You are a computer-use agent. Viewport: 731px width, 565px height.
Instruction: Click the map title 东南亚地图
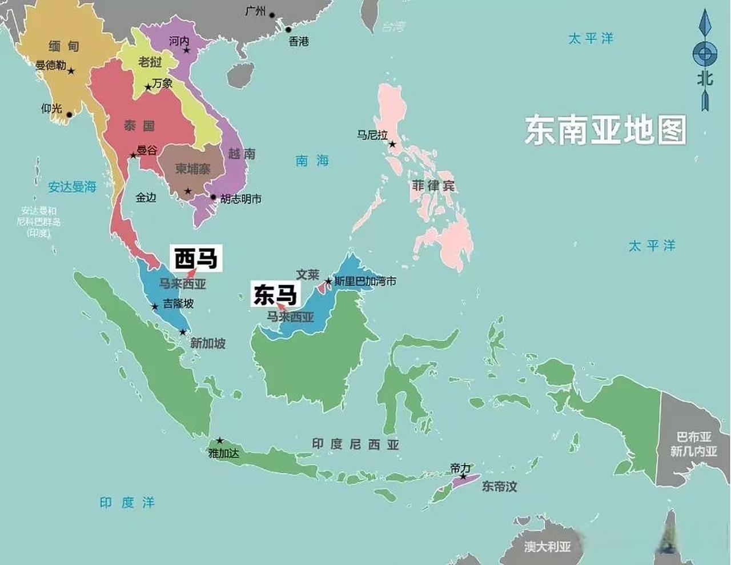tap(605, 131)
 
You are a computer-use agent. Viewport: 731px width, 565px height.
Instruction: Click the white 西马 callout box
tap(196, 258)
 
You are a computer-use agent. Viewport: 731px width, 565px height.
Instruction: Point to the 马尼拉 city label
tap(372, 135)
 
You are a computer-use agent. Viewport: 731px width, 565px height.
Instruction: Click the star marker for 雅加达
tap(220, 441)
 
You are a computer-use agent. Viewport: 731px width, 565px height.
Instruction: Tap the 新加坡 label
tap(207, 343)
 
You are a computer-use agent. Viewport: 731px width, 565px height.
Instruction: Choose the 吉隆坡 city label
tap(178, 303)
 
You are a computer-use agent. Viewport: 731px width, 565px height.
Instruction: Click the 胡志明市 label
tap(241, 199)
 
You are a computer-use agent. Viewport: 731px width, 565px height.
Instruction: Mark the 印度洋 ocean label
tap(127, 503)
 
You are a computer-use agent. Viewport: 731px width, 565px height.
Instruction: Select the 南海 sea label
tap(312, 161)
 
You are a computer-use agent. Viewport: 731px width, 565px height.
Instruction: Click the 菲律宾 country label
tap(433, 186)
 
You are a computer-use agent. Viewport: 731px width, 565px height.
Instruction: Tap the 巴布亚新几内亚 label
tap(694, 444)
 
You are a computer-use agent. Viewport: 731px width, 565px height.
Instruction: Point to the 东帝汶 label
tap(499, 487)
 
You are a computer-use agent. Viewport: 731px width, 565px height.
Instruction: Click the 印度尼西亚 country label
tap(355, 444)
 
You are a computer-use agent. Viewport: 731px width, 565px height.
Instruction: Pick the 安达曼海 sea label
tap(72, 187)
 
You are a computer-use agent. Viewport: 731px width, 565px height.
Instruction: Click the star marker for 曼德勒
tap(71, 71)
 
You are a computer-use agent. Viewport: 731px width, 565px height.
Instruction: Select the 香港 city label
tap(299, 41)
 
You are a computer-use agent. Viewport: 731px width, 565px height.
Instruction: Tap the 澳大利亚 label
tap(548, 547)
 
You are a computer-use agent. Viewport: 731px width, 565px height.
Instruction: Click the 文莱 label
tap(307, 275)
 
